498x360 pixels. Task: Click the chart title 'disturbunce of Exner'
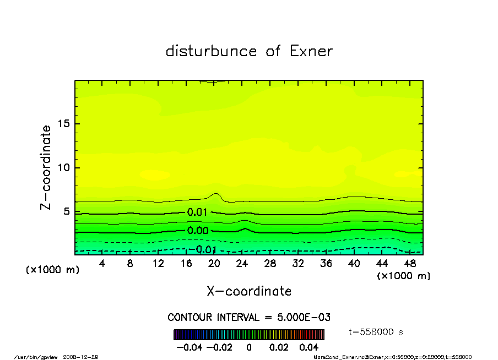(x=249, y=51)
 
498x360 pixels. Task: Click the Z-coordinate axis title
(x=46, y=167)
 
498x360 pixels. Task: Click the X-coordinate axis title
(x=249, y=291)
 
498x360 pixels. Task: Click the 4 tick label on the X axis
(x=102, y=264)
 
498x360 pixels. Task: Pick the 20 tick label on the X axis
(x=214, y=264)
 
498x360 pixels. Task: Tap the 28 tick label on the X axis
(x=270, y=264)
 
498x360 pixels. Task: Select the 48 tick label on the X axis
(x=410, y=264)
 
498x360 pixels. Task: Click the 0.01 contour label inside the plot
(x=197, y=212)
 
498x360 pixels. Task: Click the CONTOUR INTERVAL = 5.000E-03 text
(x=249, y=317)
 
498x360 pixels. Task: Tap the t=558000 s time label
(x=377, y=331)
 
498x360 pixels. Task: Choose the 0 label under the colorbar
(x=249, y=347)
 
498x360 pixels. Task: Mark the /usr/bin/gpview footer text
(x=36, y=357)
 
